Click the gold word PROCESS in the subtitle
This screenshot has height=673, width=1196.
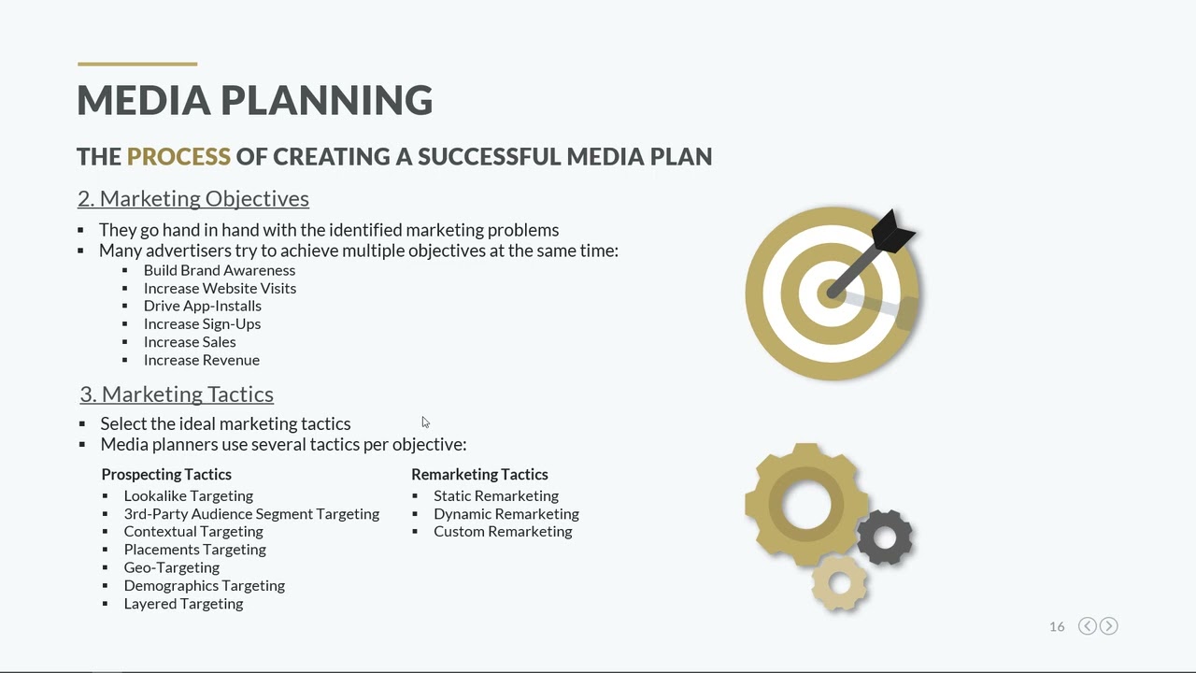coord(178,156)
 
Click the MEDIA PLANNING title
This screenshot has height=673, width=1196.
coord(254,100)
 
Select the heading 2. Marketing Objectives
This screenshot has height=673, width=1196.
coord(193,198)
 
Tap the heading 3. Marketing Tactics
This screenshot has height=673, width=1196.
coord(177,394)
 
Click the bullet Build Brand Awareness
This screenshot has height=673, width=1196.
coord(219,270)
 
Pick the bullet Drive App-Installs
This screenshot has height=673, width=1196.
coord(202,306)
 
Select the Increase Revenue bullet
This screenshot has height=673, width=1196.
coord(201,360)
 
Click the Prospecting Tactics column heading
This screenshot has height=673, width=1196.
coord(166,474)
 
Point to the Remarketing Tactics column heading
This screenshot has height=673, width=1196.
coord(479,474)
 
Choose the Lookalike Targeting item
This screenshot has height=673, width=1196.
coord(188,495)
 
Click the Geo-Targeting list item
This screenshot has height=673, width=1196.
coord(171,567)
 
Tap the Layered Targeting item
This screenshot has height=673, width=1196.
coord(183,604)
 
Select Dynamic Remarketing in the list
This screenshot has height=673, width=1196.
coord(505,513)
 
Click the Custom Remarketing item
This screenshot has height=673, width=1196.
coord(502,531)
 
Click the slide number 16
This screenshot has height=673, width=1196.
coord(1057,626)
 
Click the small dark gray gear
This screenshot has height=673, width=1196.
coord(884,537)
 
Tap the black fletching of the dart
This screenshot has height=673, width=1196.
coord(893,231)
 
